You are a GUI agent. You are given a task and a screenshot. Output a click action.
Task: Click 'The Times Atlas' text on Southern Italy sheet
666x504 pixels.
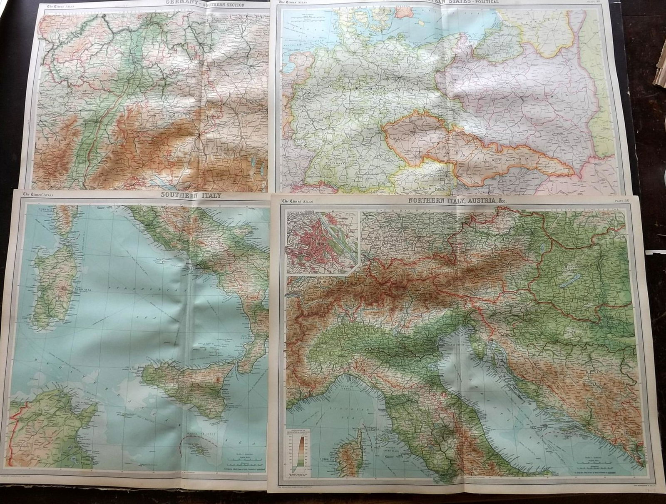pyautogui.click(x=37, y=194)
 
